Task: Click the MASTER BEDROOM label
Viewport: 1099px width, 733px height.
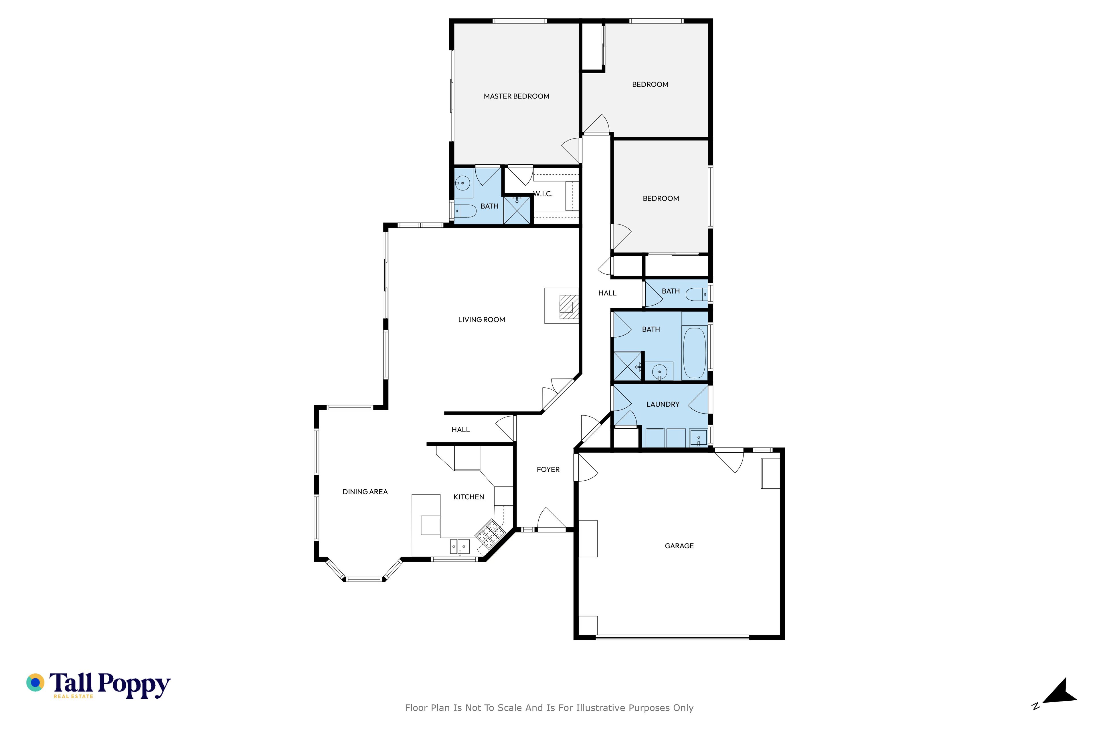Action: [x=516, y=96]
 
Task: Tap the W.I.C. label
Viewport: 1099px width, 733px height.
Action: [x=543, y=194]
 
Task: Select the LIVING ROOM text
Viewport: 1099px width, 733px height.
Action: [x=481, y=320]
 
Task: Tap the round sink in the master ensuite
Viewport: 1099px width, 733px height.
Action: [x=462, y=183]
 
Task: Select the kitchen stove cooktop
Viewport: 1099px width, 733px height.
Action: [x=488, y=533]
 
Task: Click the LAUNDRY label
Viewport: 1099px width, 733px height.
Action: [x=663, y=404]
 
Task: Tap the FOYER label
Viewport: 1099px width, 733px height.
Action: [x=548, y=469]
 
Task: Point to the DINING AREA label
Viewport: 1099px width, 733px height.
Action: [x=365, y=492]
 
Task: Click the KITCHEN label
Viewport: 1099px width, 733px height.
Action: [x=469, y=497]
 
